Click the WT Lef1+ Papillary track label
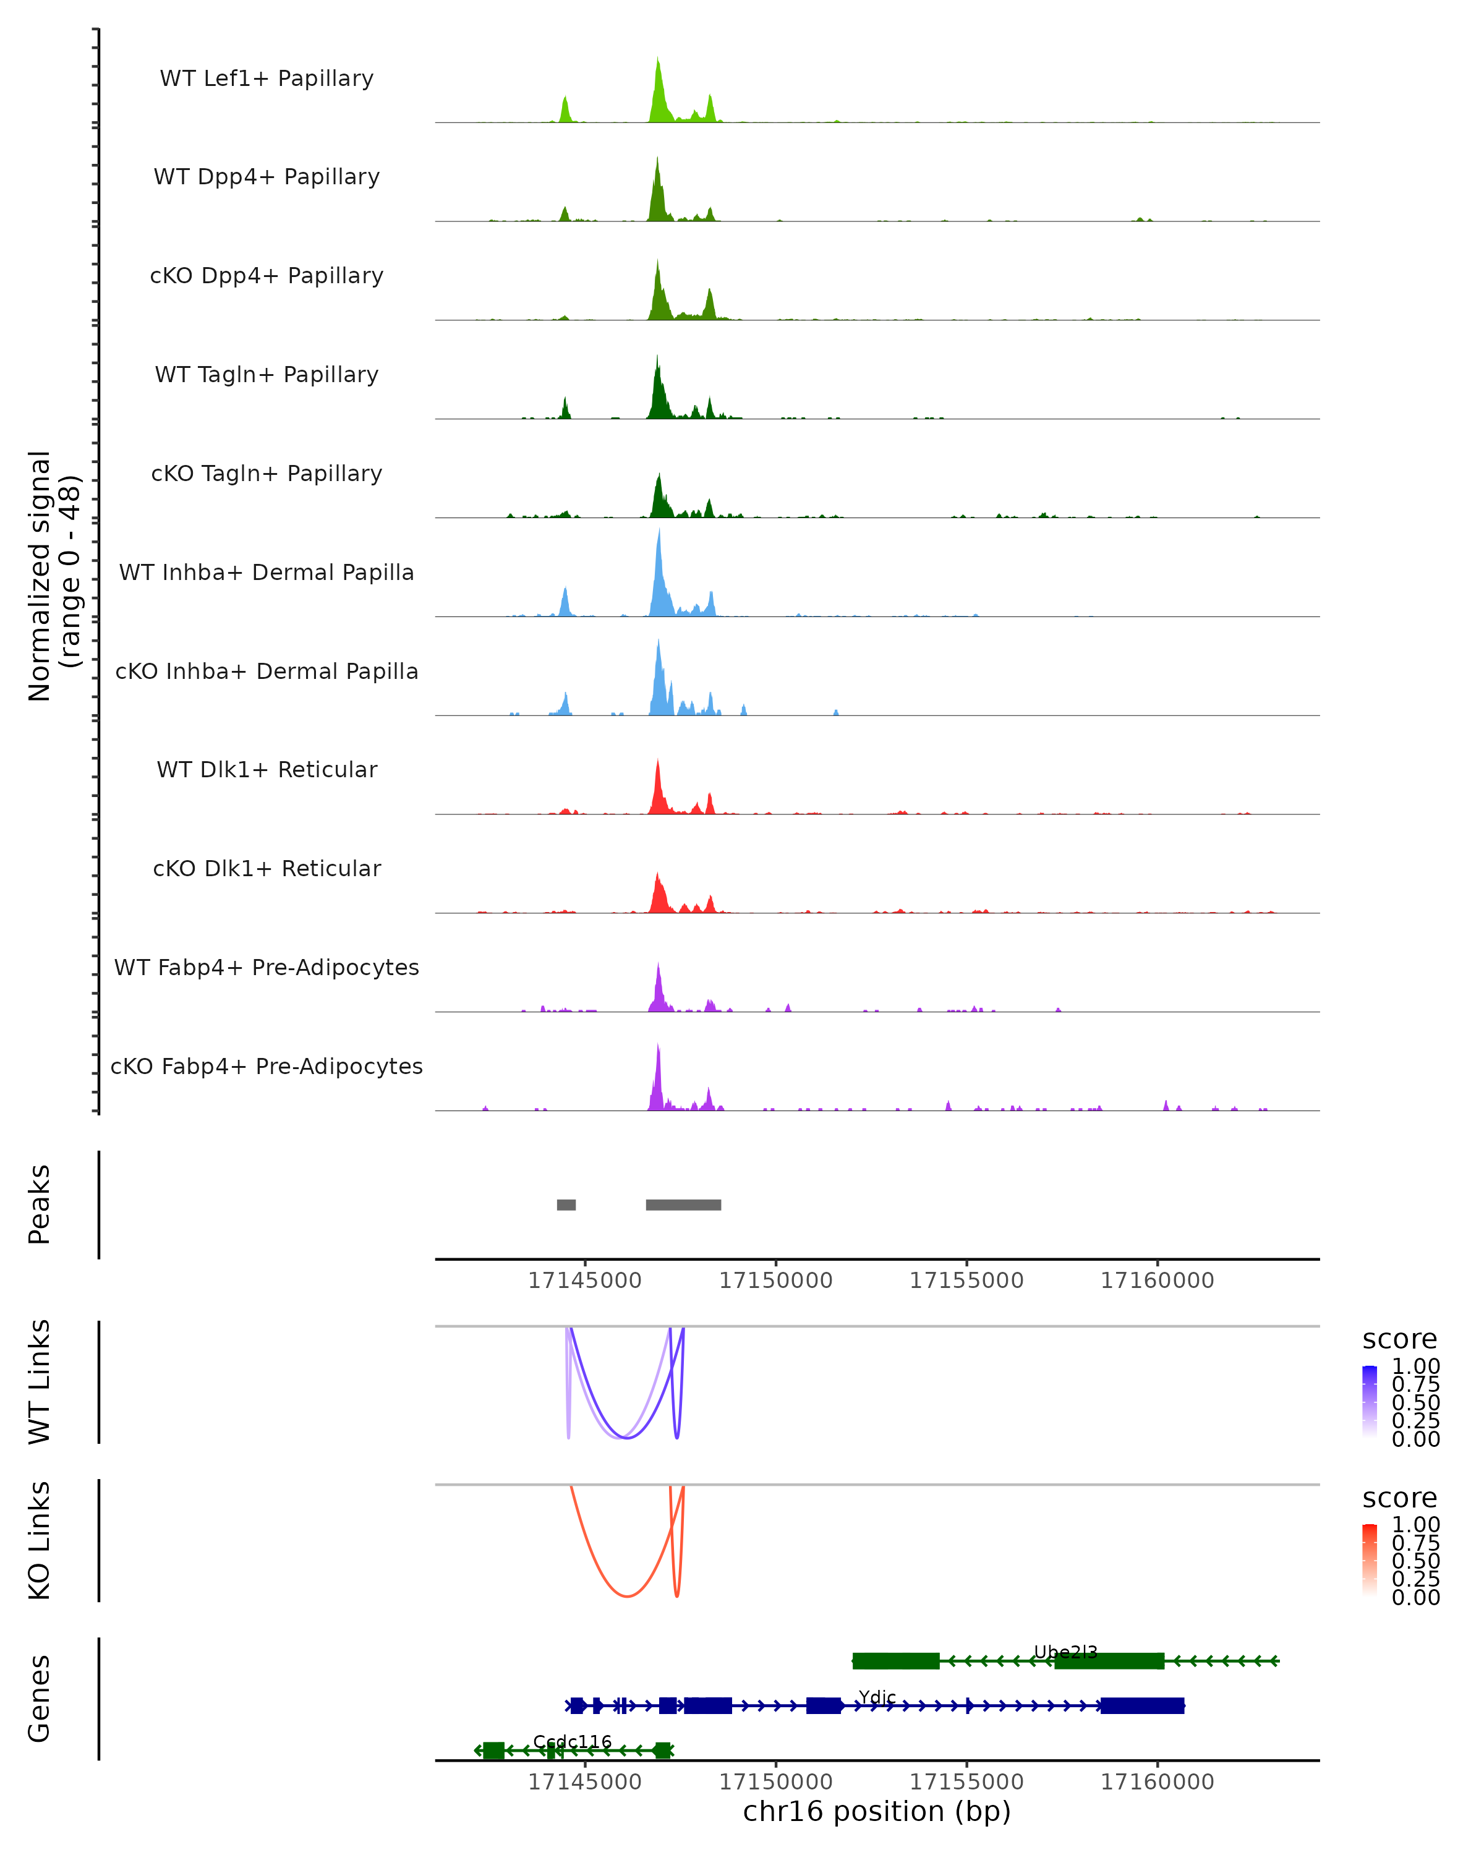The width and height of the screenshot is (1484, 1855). point(267,79)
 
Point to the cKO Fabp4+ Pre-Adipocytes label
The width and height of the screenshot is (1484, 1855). point(267,1066)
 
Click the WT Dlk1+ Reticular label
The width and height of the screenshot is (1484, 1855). point(267,769)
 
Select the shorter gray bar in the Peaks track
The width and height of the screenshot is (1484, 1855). point(566,1205)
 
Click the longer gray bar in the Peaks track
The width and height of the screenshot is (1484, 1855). point(683,1205)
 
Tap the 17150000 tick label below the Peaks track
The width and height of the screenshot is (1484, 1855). point(775,1281)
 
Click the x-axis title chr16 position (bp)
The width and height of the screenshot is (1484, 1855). point(877,1811)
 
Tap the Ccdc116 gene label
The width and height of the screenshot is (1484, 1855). point(572,1741)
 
